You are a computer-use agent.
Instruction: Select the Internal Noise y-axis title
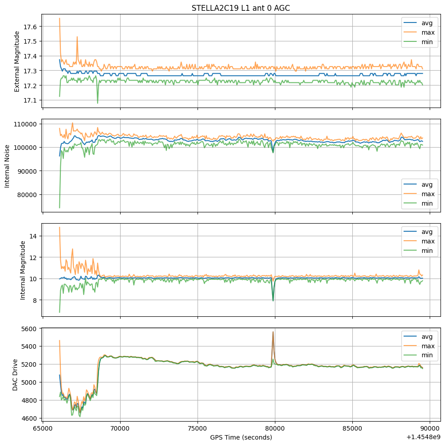7,165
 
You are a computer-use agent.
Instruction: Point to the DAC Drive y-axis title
15,374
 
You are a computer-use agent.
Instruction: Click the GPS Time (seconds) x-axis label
241,437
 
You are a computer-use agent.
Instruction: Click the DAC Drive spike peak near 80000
273,332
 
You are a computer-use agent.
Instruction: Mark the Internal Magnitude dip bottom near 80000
273,300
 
